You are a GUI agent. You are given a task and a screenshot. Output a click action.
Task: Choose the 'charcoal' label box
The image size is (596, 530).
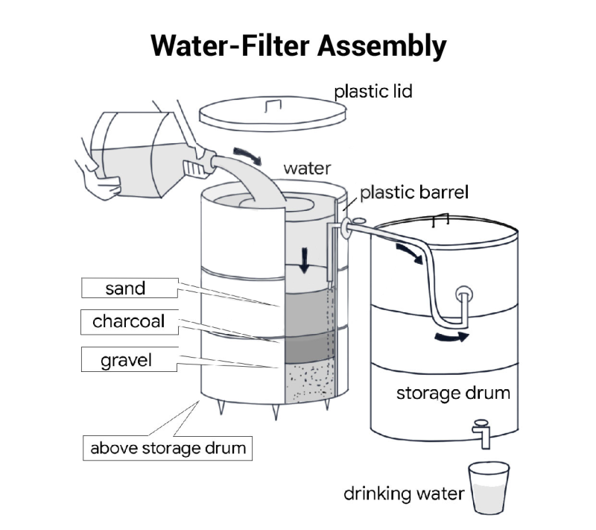tap(128, 322)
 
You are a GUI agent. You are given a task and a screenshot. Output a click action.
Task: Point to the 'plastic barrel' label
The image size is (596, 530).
tap(413, 193)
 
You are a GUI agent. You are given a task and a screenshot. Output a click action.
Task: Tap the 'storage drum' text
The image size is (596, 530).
tap(452, 392)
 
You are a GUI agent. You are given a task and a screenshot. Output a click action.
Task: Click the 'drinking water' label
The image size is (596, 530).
tap(403, 493)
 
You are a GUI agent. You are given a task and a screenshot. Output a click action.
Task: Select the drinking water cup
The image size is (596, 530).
tap(489, 488)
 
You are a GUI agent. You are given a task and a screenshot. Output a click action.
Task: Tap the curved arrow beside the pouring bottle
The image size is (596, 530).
tap(246, 155)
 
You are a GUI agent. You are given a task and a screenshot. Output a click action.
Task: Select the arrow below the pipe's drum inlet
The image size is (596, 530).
tap(453, 337)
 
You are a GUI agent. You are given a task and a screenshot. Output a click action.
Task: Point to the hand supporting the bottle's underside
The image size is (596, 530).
tap(101, 183)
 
